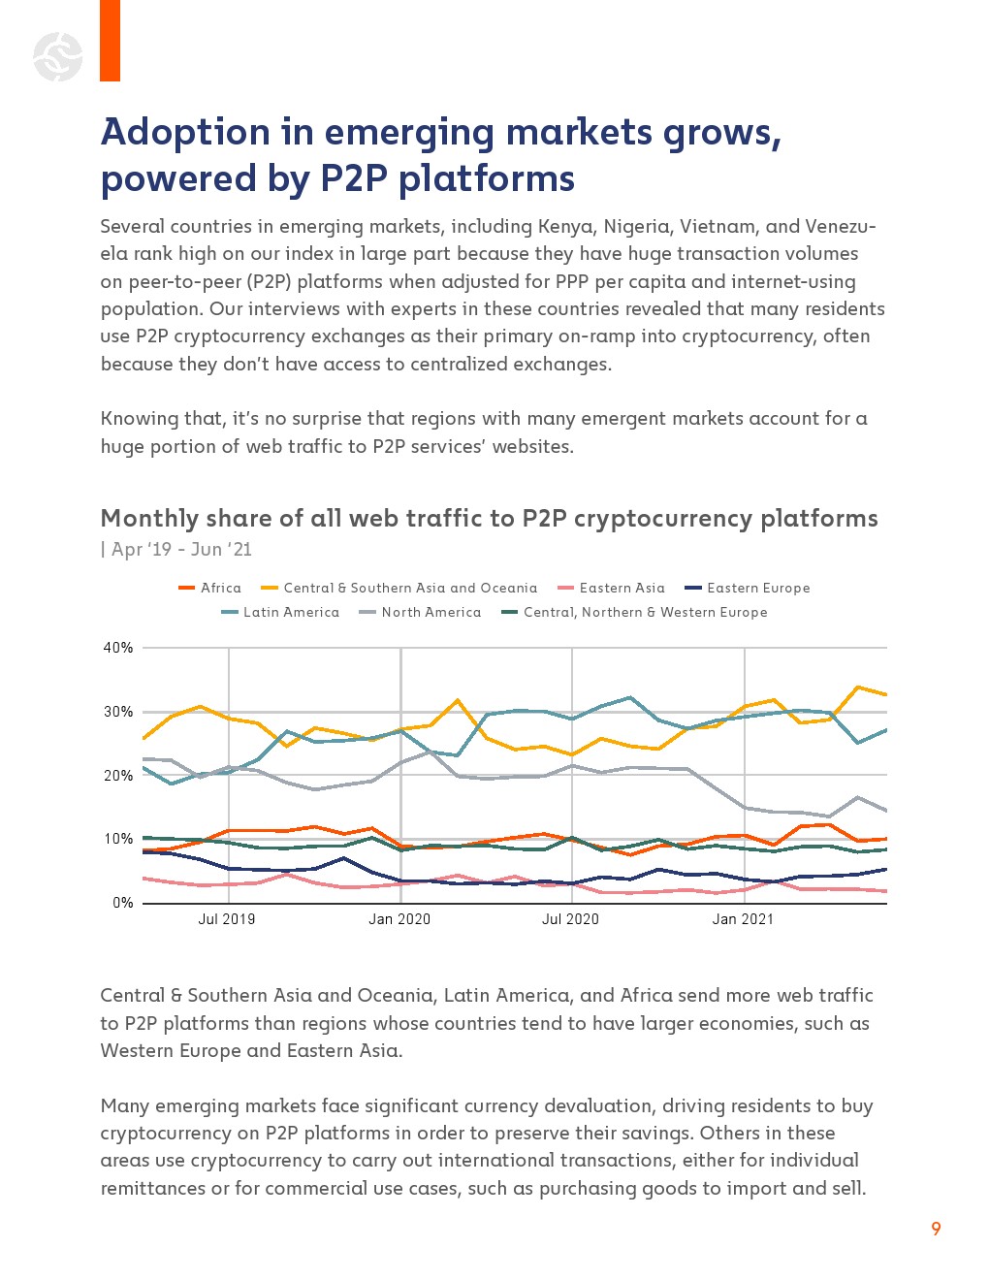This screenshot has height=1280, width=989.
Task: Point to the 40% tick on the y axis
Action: click(x=118, y=648)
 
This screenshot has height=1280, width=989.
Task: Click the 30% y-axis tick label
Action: click(x=118, y=712)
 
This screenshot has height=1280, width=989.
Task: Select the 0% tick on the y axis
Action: click(x=123, y=903)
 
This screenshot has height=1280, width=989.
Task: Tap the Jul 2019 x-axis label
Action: click(x=227, y=919)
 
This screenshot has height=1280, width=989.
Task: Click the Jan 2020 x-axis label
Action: click(x=399, y=919)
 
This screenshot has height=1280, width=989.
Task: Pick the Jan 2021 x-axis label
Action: click(x=743, y=919)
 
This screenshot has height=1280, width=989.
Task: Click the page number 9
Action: click(x=936, y=1229)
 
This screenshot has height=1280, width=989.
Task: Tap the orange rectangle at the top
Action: click(x=110, y=40)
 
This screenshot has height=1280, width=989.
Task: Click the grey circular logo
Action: click(x=58, y=56)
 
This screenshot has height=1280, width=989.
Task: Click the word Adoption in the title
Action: click(x=186, y=132)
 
